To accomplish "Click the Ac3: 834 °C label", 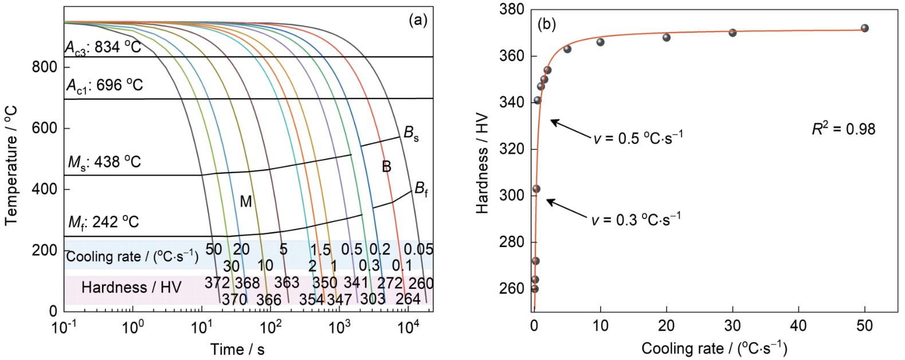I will coord(103,48).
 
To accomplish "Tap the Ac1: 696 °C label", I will coord(104,86).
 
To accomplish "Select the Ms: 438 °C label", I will coord(104,162).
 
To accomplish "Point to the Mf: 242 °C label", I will coord(103,222).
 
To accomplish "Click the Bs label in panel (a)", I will coord(411,134).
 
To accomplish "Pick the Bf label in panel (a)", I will coord(421,189).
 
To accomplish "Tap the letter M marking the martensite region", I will coord(246,202).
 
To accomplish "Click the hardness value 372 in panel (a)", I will coord(217,283).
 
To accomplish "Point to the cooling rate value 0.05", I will coord(418,250).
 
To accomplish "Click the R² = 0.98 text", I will coord(843,129).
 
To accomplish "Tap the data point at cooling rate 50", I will coord(864,28).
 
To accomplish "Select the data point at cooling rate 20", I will coord(667,37).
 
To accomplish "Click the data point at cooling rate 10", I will coord(600,42).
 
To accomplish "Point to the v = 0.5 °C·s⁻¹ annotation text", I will coord(638,138).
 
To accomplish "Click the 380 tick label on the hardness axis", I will coord(512,10).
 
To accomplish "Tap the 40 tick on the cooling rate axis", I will coord(798,326).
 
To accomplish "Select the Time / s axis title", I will coord(237,349).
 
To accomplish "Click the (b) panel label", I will coord(546,25).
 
